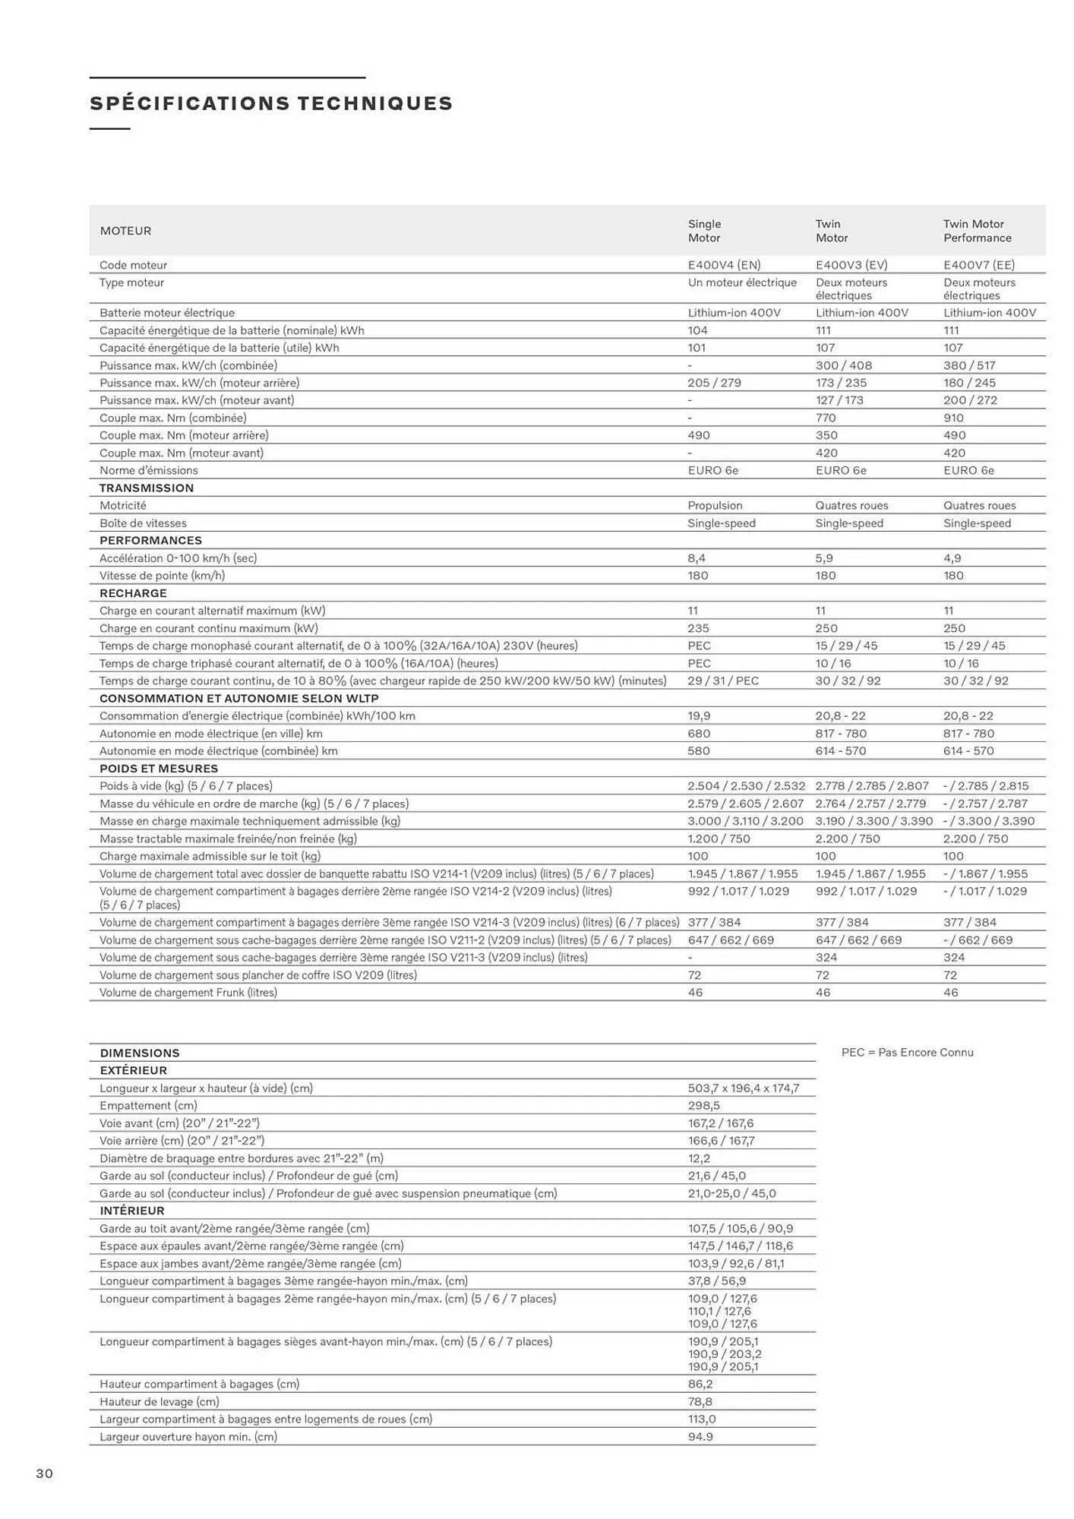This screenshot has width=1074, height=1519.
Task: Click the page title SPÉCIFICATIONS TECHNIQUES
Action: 271,103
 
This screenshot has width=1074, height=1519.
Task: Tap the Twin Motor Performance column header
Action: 977,231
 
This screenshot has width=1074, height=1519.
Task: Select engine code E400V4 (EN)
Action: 724,265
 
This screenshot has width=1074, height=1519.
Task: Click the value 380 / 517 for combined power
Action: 969,365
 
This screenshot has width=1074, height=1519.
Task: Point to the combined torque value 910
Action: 953,418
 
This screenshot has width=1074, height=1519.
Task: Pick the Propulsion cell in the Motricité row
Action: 715,506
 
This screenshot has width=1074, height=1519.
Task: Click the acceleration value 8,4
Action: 697,558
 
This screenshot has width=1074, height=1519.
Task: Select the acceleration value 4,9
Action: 952,558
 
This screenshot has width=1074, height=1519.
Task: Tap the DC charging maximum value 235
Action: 698,628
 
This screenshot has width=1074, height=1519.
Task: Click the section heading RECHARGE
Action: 133,593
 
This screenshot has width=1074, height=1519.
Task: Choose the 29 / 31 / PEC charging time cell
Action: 723,681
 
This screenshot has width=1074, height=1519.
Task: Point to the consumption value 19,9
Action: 700,715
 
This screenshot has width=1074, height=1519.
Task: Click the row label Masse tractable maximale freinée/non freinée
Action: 228,838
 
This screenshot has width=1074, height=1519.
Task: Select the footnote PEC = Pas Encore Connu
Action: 907,1052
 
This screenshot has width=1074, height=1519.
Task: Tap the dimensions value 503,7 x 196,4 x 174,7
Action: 744,1088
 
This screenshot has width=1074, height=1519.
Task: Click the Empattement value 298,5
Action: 703,1106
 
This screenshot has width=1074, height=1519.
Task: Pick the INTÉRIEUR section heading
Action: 132,1211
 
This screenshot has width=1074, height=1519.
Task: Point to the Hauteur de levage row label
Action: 160,1401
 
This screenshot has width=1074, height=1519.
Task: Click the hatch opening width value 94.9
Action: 700,1436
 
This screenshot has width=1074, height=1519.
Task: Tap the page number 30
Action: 45,1473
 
